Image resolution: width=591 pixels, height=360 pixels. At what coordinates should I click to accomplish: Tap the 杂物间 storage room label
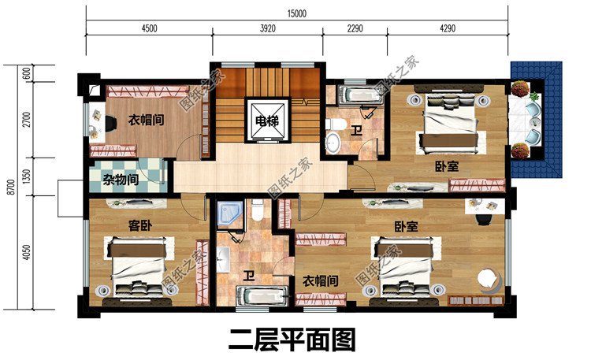pos(121,180)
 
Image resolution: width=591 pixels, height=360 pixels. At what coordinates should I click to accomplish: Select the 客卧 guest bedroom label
pos(139,225)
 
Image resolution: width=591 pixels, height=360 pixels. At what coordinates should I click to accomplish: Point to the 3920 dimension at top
pos(267,28)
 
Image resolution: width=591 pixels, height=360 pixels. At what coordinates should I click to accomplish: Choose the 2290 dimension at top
pos(355,28)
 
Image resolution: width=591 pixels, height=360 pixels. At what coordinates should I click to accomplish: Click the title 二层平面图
pos(292,340)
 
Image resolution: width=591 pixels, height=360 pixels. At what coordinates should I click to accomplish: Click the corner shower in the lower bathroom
pos(231,213)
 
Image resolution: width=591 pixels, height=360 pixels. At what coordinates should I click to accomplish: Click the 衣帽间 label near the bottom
pos(321,280)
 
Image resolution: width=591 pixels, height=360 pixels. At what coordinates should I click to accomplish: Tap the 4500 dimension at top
pos(149,28)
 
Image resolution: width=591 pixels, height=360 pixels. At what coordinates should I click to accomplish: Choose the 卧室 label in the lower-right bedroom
pos(407,225)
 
